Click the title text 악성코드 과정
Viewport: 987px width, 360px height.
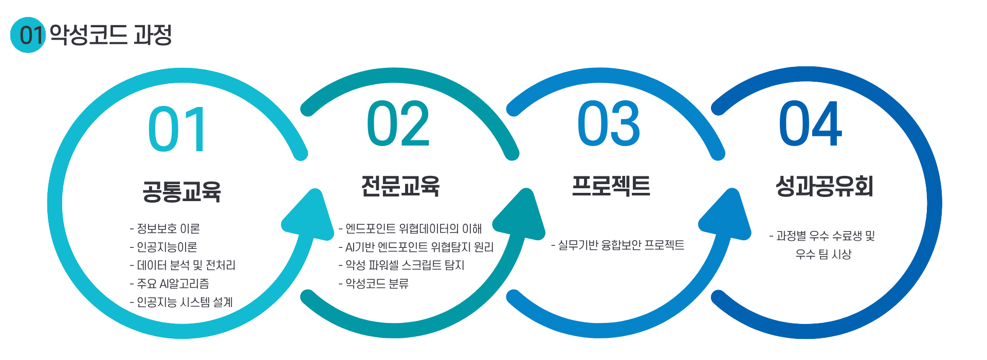pyautogui.click(x=111, y=35)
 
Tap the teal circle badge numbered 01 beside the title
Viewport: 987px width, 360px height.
pyautogui.click(x=28, y=35)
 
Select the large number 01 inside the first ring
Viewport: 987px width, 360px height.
pyautogui.click(x=177, y=129)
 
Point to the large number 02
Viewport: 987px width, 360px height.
pyautogui.click(x=398, y=124)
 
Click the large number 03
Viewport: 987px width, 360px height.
pyautogui.click(x=609, y=124)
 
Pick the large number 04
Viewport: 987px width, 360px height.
pyautogui.click(x=810, y=124)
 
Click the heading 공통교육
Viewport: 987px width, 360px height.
pyautogui.click(x=181, y=191)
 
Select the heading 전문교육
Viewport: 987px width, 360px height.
pyautogui.click(x=400, y=186)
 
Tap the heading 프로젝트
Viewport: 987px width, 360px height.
pyautogui.click(x=611, y=186)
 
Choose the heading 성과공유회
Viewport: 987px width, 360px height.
pyautogui.click(x=824, y=186)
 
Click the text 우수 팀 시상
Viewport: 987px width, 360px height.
pyautogui.click(x=824, y=254)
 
